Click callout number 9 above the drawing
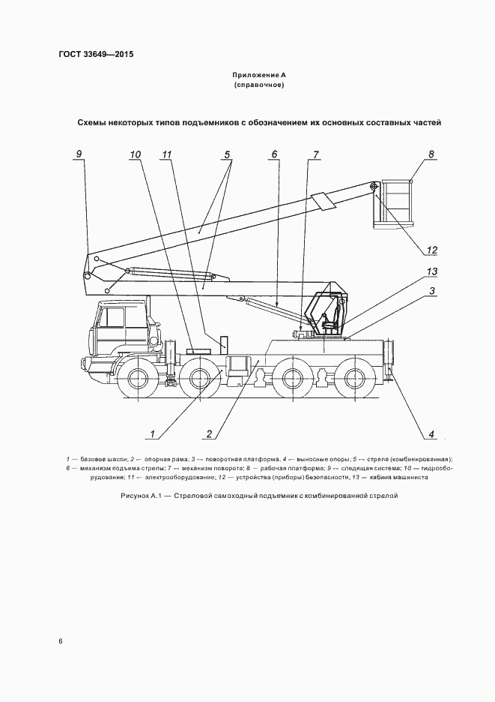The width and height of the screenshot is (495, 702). pyautogui.click(x=79, y=154)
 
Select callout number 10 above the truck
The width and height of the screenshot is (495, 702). pyautogui.click(x=135, y=154)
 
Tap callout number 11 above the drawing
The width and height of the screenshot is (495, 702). pyautogui.click(x=167, y=154)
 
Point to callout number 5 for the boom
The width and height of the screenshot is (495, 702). pyautogui.click(x=225, y=154)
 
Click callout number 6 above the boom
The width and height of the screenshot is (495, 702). pyautogui.click(x=275, y=154)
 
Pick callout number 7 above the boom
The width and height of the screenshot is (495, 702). pyautogui.click(x=315, y=154)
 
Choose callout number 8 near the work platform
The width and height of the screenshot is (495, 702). pyautogui.click(x=431, y=154)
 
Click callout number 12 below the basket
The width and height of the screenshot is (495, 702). pyautogui.click(x=431, y=250)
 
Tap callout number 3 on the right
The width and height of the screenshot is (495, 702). pyautogui.click(x=432, y=290)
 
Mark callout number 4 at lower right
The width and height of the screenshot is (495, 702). pyautogui.click(x=431, y=433)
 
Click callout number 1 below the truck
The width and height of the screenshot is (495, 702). pyautogui.click(x=151, y=433)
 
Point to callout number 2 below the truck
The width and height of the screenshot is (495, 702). pyautogui.click(x=210, y=433)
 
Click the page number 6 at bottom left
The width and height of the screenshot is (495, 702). pyautogui.click(x=61, y=641)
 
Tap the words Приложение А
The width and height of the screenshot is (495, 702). pyautogui.click(x=259, y=76)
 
